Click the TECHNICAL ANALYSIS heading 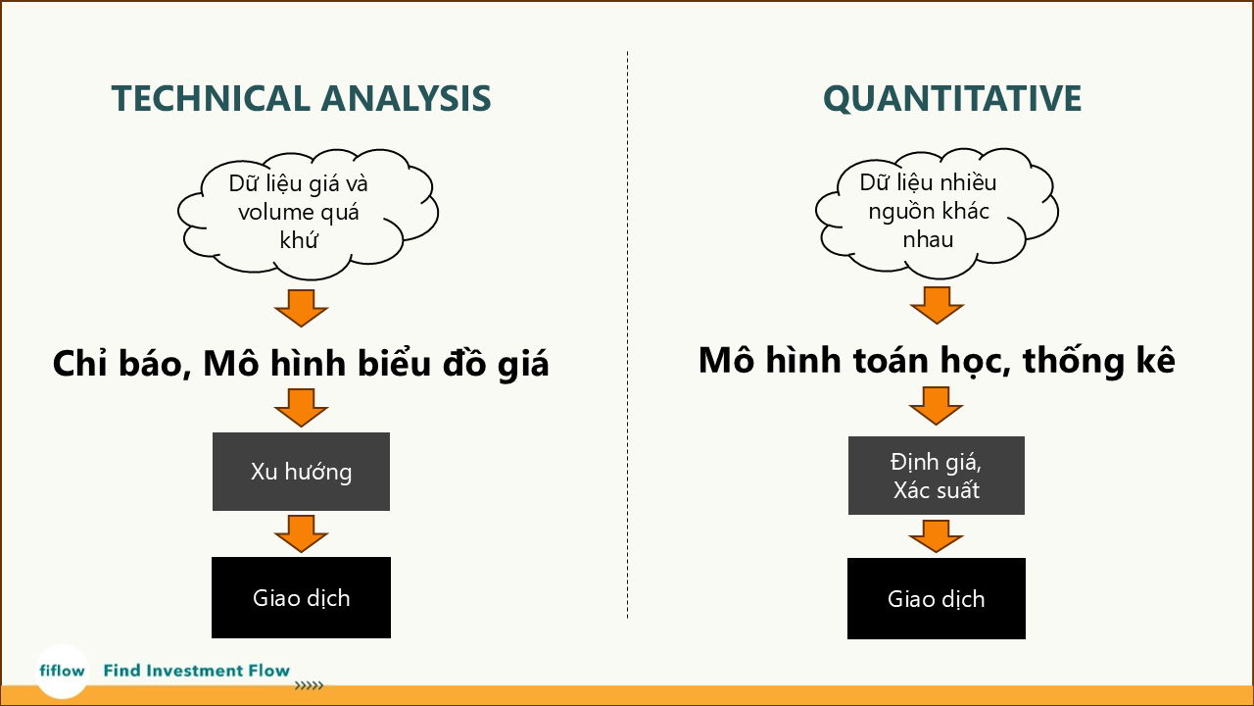point(301,99)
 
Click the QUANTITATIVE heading point(952,99)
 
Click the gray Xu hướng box point(301,472)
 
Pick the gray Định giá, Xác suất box point(936,476)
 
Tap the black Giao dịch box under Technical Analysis point(301,597)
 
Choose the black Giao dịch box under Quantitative point(936,598)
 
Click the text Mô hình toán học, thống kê point(936,361)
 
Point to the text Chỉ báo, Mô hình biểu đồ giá point(301,364)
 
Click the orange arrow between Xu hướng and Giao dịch point(301,532)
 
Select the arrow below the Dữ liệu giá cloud point(301,307)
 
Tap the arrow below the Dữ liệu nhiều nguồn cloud point(937,304)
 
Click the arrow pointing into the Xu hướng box point(301,407)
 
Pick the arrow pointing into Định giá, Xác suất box point(937,405)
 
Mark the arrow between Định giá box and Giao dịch point(937,535)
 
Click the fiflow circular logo point(62,672)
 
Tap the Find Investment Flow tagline point(196,671)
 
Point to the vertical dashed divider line point(627,333)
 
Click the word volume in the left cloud point(269,212)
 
